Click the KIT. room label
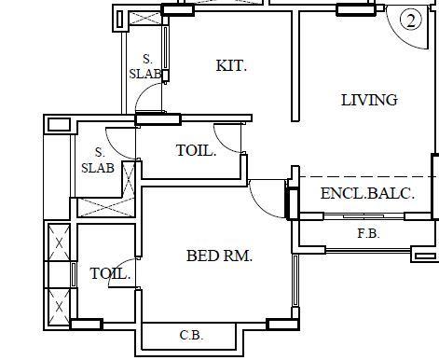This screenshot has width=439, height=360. pos(231,65)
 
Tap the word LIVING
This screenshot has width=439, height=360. pos(368,100)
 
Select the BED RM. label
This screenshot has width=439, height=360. pos(219,256)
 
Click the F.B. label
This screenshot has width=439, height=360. pos(368,234)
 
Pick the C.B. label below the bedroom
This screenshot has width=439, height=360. pos(191,336)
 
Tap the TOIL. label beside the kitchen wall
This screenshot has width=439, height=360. pos(196,150)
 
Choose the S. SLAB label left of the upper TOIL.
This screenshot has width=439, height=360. pos(98,160)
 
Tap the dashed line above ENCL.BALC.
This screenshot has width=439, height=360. pos(364,176)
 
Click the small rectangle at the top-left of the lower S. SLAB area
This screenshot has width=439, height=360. pos(58,124)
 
